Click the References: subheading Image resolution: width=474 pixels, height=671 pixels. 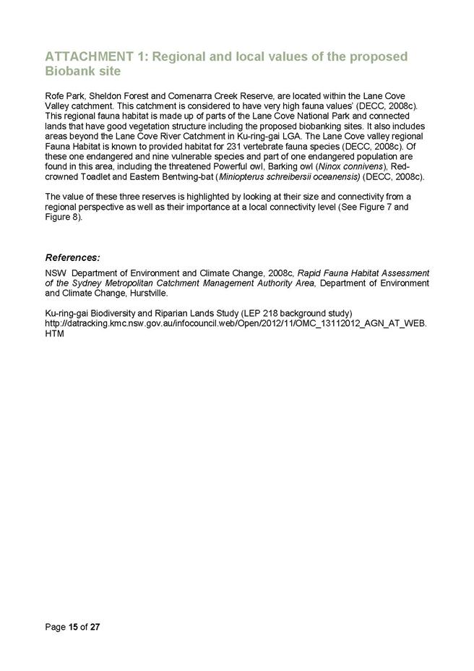point(72,257)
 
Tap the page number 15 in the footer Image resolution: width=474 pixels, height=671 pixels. point(74,626)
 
